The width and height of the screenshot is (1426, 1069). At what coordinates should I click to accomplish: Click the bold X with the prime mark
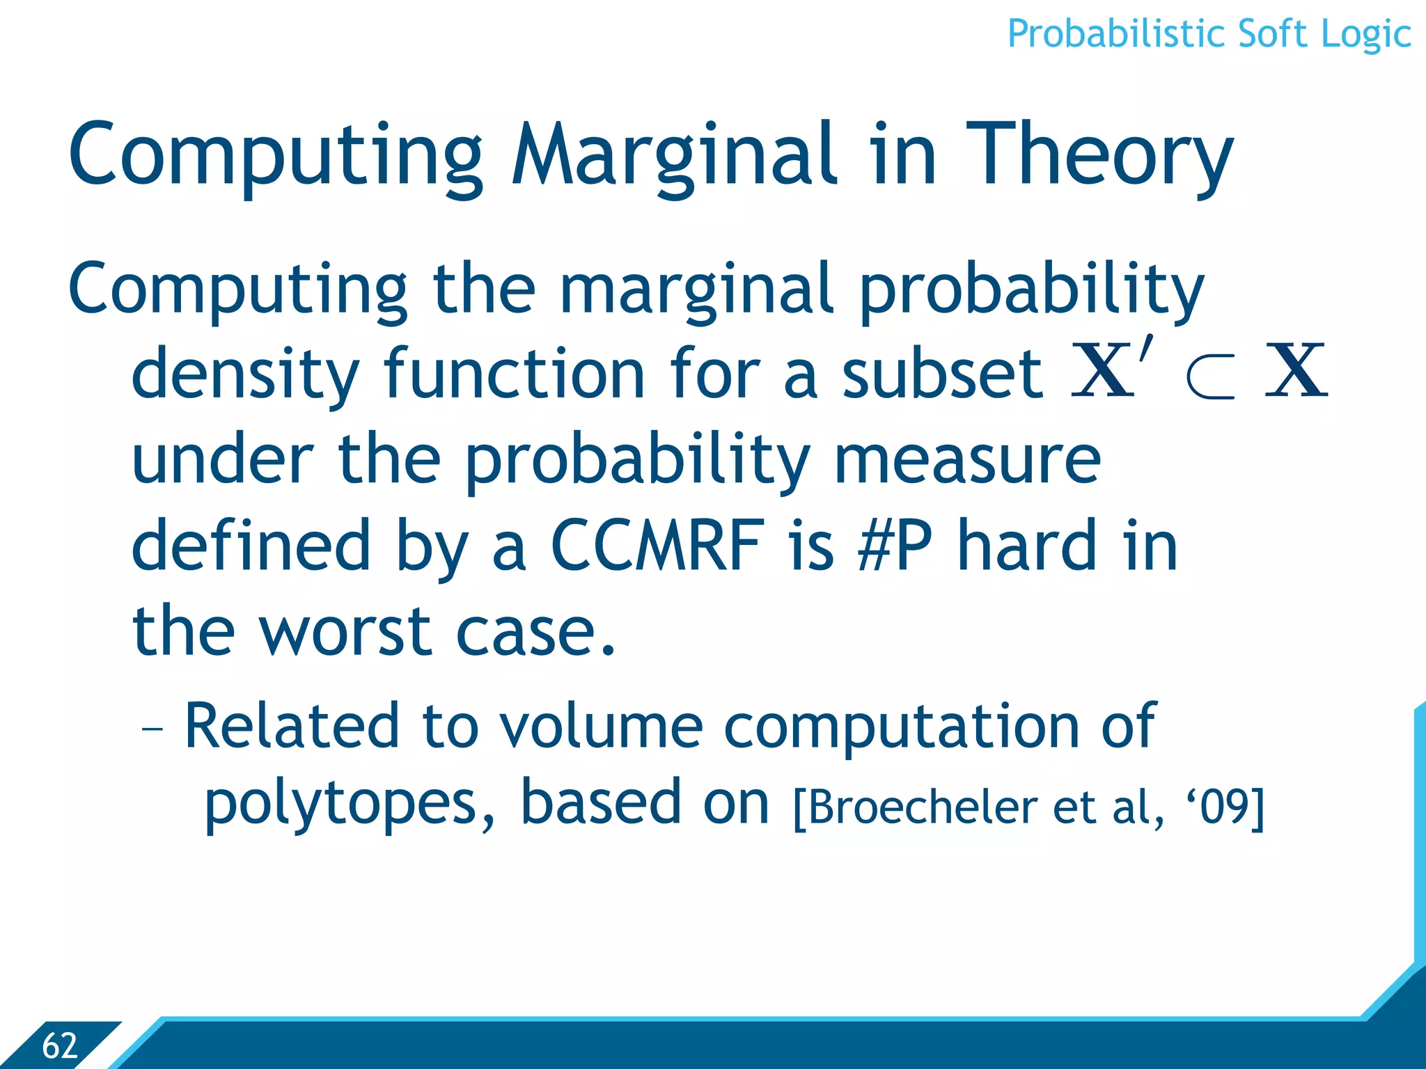1107,370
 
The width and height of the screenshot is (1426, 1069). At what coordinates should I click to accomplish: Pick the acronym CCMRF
657,546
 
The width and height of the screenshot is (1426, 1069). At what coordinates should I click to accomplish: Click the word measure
967,460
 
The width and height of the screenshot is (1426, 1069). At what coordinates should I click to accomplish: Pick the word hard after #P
1031,546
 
